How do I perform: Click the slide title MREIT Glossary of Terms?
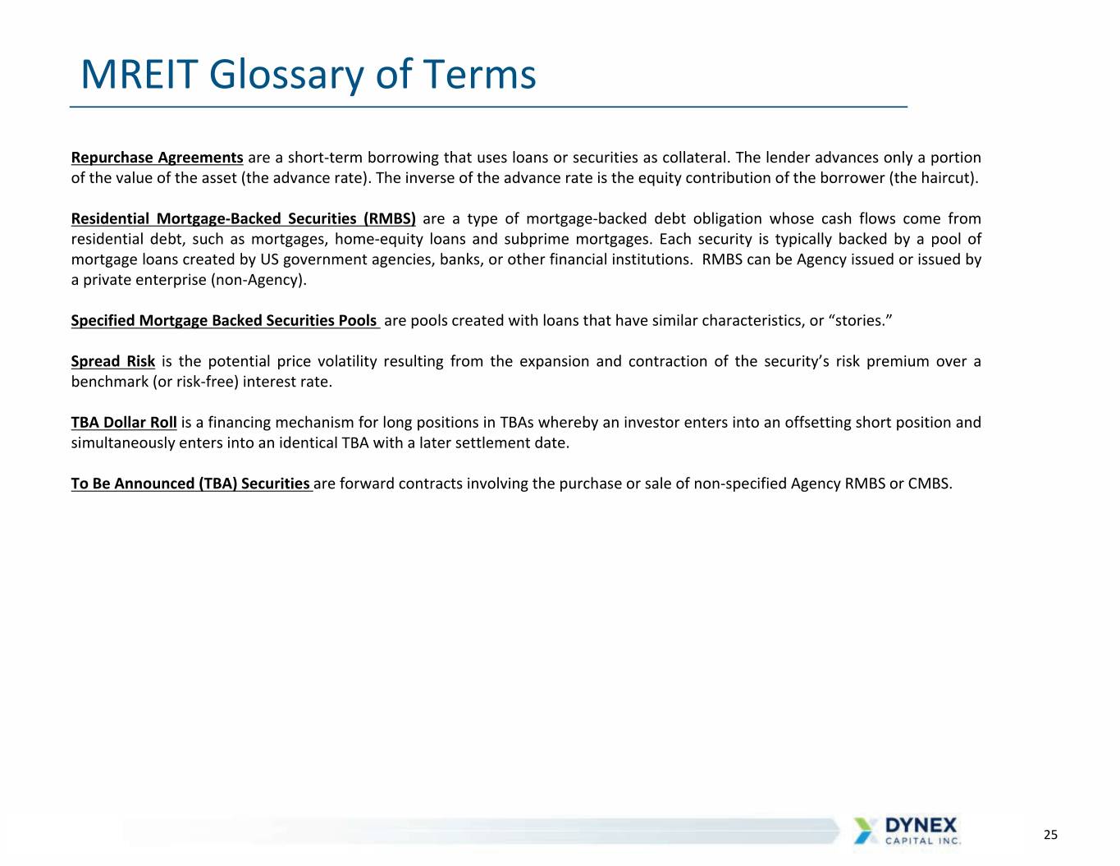tap(309, 75)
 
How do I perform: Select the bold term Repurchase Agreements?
tap(158, 158)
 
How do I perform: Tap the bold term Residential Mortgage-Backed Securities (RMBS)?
tap(243, 218)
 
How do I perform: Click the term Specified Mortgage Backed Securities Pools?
tap(224, 321)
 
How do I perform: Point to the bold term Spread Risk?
tap(113, 361)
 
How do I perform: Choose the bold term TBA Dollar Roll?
tap(124, 423)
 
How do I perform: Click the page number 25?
tap(1050, 835)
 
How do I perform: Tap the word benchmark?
tap(110, 382)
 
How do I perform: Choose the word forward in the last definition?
tap(367, 483)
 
